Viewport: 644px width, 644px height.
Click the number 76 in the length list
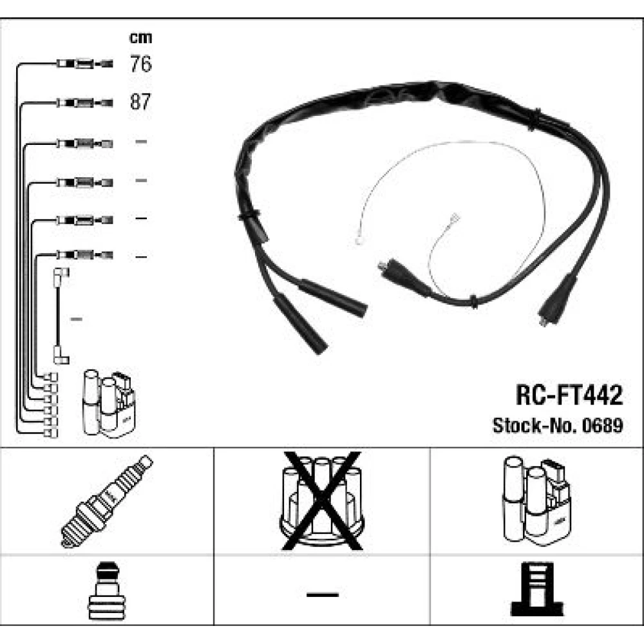tap(140, 64)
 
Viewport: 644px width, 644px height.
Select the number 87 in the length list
tap(140, 102)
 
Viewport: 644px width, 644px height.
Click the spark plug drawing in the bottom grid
tap(108, 500)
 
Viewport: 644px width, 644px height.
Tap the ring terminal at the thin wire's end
tap(357, 242)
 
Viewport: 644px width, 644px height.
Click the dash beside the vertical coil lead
tap(75, 319)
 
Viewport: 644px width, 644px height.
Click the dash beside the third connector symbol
tap(141, 142)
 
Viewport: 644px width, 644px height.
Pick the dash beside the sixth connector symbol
tap(141, 257)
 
